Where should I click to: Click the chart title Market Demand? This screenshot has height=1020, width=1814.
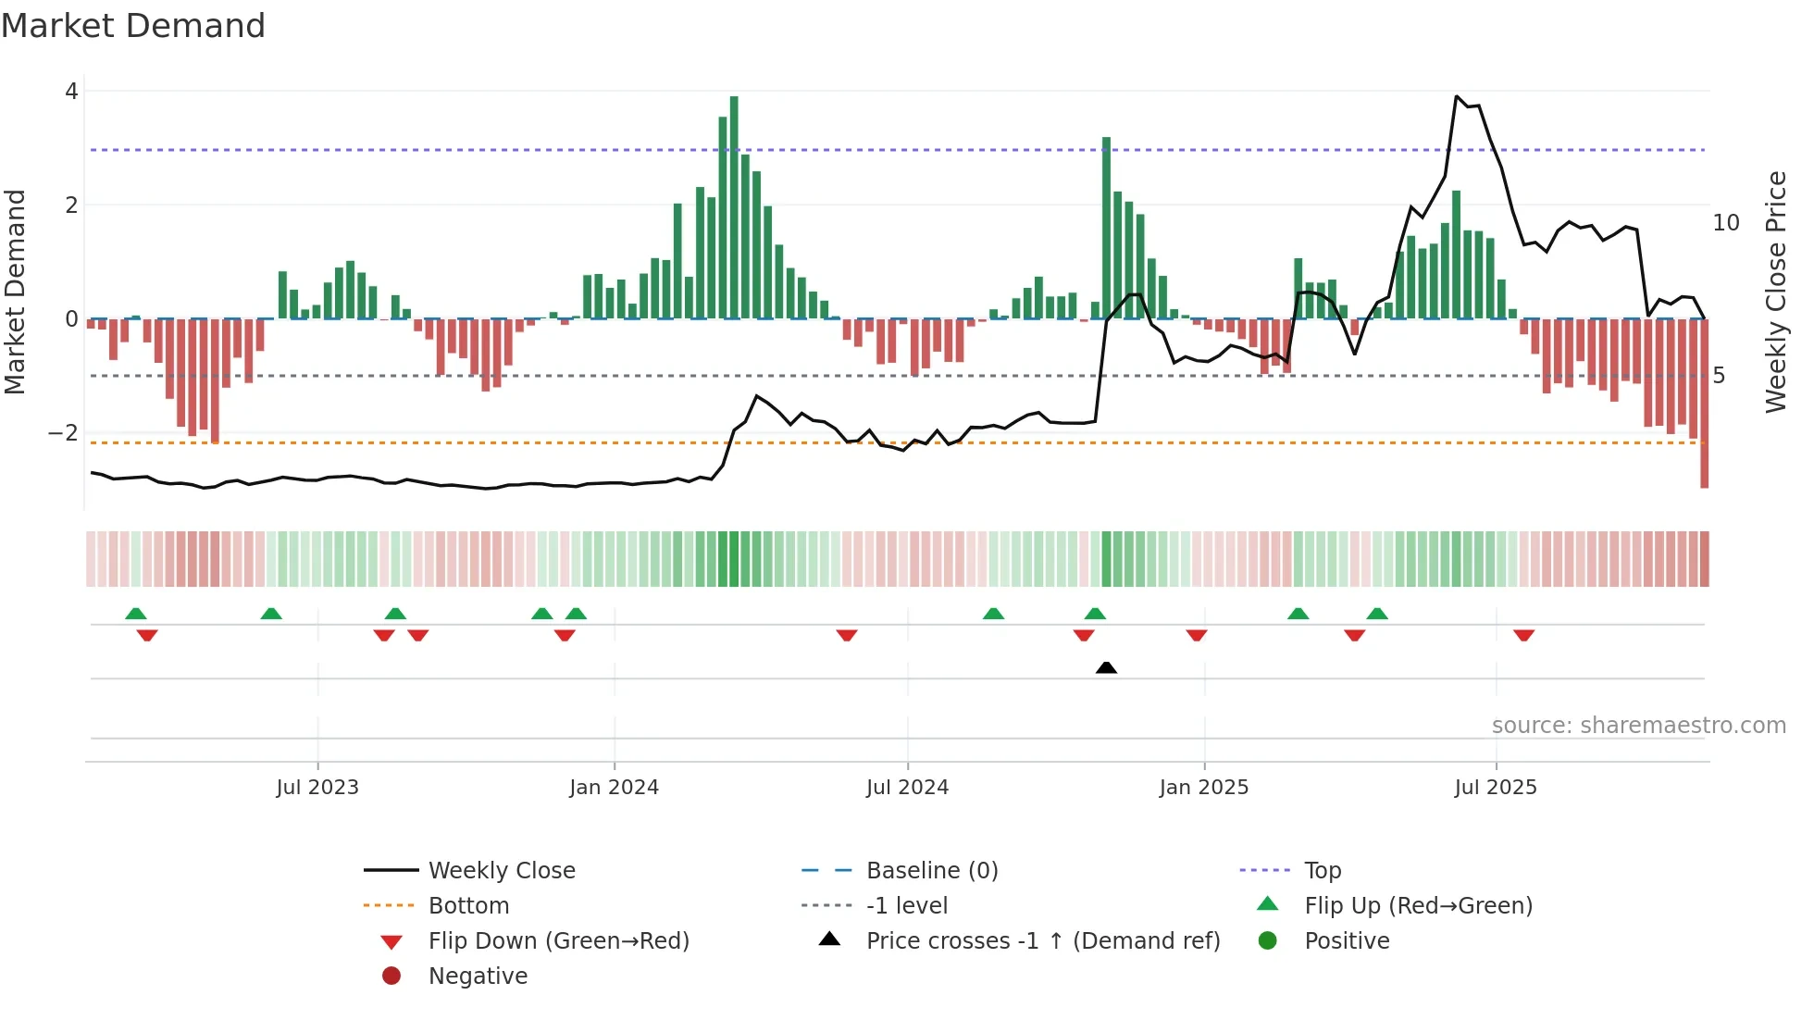pyautogui.click(x=133, y=26)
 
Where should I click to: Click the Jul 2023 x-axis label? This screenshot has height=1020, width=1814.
pyautogui.click(x=317, y=788)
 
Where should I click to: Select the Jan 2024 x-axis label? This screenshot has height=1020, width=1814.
pyautogui.click(x=614, y=788)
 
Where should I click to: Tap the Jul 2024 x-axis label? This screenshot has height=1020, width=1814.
pyautogui.click(x=907, y=788)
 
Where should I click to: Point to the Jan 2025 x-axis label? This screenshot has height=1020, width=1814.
pyautogui.click(x=1203, y=788)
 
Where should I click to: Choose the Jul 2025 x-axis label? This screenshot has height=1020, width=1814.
pyautogui.click(x=1495, y=788)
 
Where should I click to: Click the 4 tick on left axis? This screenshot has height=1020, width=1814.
pyautogui.click(x=71, y=92)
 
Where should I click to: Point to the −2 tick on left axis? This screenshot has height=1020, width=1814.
pyautogui.click(x=64, y=433)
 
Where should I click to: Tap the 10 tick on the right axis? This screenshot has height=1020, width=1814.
pyautogui.click(x=1725, y=223)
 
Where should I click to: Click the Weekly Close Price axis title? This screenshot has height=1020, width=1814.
pyautogui.click(x=1775, y=292)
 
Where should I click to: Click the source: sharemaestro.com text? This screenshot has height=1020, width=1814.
pyautogui.click(x=1638, y=726)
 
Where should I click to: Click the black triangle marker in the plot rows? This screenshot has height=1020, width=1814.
pyautogui.click(x=1106, y=667)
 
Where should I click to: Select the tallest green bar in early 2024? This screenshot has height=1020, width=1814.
pyautogui.click(x=734, y=208)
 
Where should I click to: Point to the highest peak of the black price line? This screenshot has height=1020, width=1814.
pyautogui.click(x=1456, y=96)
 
